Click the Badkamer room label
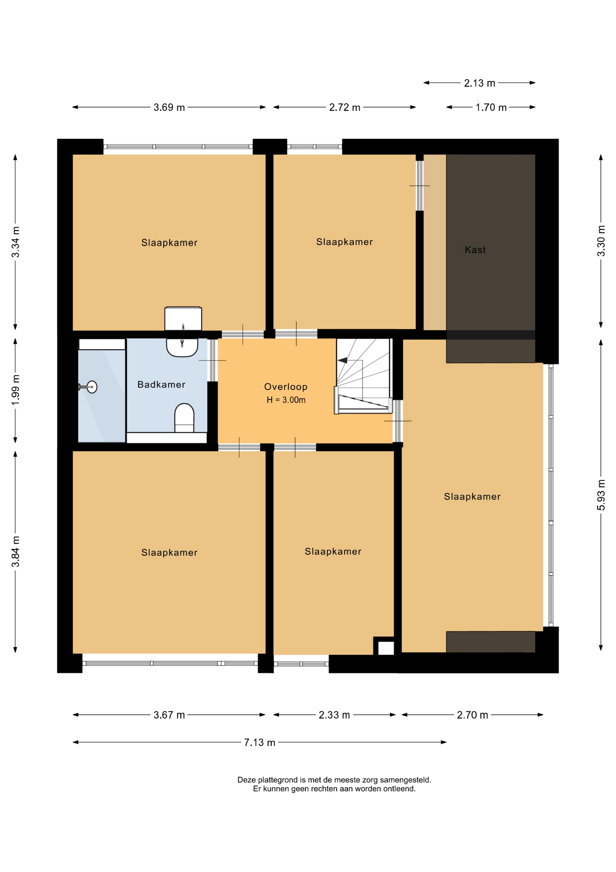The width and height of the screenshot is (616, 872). click(161, 385)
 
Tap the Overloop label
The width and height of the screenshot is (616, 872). click(286, 387)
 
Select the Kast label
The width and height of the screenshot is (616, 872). click(475, 250)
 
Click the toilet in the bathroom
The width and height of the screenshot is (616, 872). click(184, 417)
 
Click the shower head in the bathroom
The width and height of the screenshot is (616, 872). click(88, 387)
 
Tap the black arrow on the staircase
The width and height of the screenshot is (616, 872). click(343, 361)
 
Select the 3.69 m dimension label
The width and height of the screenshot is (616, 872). click(169, 108)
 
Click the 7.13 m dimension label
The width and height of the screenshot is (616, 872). click(259, 743)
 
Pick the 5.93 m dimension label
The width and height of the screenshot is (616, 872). click(601, 495)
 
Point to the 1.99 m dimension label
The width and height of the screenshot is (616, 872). click(15, 390)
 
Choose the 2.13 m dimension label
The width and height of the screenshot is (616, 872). click(479, 83)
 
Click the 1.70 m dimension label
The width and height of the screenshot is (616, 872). click(491, 108)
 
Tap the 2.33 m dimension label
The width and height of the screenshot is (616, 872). click(334, 715)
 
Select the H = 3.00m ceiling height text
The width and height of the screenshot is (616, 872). click(286, 400)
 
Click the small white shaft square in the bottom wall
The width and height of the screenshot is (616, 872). click(386, 648)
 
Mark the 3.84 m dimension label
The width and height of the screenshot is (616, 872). click(15, 551)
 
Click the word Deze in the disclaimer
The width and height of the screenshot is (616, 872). click(245, 780)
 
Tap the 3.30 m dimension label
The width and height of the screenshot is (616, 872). click(601, 241)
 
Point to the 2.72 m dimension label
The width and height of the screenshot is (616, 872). click(345, 108)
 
